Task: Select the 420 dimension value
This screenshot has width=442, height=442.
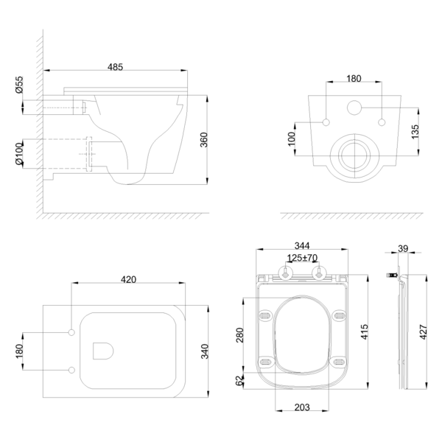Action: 130,280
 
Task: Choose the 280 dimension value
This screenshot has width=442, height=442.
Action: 238,335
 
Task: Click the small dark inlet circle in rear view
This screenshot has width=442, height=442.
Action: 354,108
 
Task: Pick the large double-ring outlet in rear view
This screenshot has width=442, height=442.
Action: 354,154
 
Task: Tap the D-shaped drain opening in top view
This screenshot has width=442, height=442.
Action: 104,349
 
